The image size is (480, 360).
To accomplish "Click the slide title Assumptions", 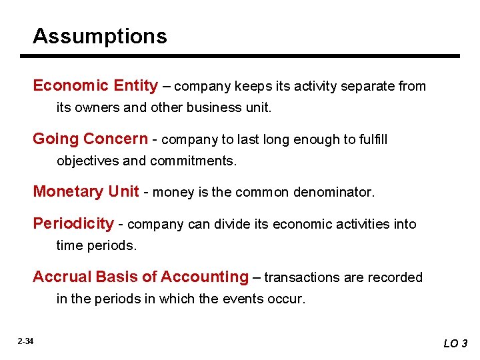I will pos(100,35).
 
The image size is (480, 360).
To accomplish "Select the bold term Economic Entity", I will pos(95,85).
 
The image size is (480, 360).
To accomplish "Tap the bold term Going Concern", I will pos(90,139).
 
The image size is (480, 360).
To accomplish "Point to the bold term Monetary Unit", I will pos(86,192).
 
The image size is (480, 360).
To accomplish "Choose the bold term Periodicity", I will pos(73,223).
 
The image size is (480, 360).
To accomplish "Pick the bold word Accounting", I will pos(205,277).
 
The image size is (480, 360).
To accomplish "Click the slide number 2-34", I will pos(25,341).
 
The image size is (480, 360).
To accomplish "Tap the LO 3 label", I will pos(455,343).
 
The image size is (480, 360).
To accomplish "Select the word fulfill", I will pos(369,139).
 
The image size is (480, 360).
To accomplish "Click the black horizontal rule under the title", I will pos(247,56).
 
